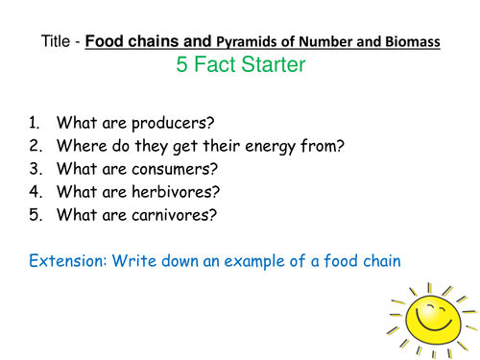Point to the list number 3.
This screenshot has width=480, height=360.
[x=35, y=170]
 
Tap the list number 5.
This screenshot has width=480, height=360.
[x=35, y=216]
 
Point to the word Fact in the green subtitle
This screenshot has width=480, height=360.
[x=221, y=66]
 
